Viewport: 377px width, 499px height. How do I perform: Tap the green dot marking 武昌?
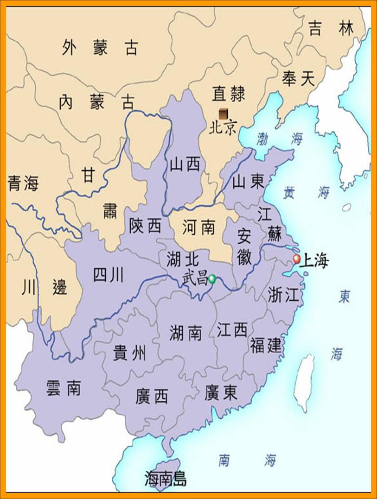(212, 279)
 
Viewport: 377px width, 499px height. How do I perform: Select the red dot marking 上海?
(297, 259)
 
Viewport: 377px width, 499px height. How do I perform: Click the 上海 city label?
(314, 261)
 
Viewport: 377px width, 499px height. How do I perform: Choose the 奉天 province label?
(298, 79)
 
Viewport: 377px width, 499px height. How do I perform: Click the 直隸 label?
(228, 94)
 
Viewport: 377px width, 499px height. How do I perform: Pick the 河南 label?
(198, 227)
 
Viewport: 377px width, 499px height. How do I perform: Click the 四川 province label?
(109, 275)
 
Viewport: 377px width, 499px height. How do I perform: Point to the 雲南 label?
(64, 388)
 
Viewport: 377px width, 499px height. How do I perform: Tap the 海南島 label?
(166, 479)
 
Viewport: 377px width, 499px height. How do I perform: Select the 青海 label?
(23, 184)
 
